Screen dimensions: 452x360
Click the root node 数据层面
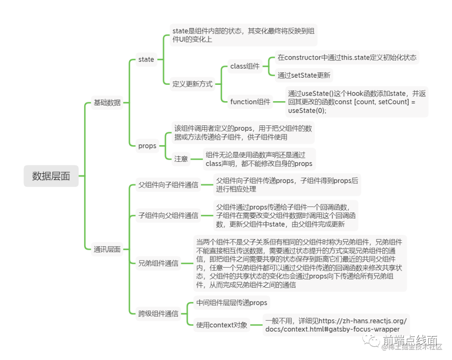pos(51,176)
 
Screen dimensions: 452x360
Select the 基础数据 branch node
pos(107,102)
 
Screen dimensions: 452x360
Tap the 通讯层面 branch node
pos(107,250)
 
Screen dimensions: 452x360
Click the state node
pos(146,59)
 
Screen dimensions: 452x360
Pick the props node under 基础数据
pos(147,146)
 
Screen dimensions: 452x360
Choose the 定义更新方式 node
pos(193,84)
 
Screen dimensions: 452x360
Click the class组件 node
pos(245,66)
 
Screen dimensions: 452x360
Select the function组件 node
pos(250,102)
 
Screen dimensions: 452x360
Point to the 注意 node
pos(181,159)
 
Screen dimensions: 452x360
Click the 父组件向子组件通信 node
pos(168,184)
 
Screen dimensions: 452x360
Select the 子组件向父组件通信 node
pos(168,216)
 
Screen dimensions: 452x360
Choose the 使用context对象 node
pos(222,325)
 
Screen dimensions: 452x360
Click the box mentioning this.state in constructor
pos(347,58)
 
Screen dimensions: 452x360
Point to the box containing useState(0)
pos(357,102)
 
